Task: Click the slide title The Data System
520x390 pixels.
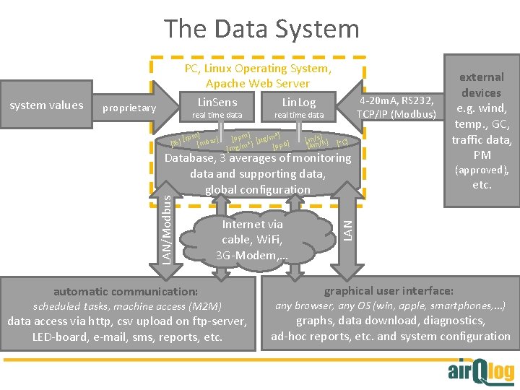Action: (261, 29)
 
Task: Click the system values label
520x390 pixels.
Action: (46, 105)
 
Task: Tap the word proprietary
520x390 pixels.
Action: (129, 108)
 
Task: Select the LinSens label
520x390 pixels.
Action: (217, 102)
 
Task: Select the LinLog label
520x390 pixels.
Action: (298, 103)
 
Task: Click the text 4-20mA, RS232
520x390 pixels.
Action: (397, 100)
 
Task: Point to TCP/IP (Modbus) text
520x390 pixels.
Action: (396, 115)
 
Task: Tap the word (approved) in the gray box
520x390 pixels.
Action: (481, 170)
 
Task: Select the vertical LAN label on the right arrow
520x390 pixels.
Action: (347, 223)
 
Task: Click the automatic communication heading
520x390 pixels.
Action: (126, 292)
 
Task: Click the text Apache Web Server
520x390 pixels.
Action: (258, 84)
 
